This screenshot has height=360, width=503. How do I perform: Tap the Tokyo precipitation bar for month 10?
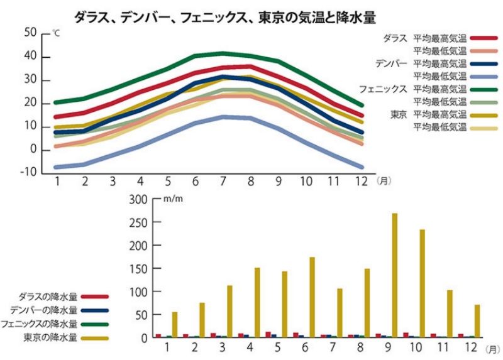pos(423,283)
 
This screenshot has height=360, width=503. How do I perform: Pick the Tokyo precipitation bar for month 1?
pos(175,324)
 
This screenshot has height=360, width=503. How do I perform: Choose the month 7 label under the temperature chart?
pos(223,182)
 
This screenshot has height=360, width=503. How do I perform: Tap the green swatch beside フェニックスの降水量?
pos(94,324)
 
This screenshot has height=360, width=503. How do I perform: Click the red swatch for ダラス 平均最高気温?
pos(484,38)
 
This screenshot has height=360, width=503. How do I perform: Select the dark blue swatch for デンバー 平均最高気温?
pos(484,63)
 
